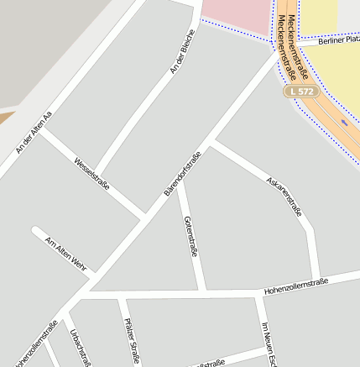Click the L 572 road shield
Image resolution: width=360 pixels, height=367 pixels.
300,90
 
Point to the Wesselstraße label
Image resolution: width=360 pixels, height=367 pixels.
91,174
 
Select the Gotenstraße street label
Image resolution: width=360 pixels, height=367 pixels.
190,235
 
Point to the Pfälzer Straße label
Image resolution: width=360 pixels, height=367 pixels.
131,341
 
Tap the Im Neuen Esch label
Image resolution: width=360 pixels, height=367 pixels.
269,344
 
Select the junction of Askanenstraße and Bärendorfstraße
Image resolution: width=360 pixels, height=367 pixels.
211,143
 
